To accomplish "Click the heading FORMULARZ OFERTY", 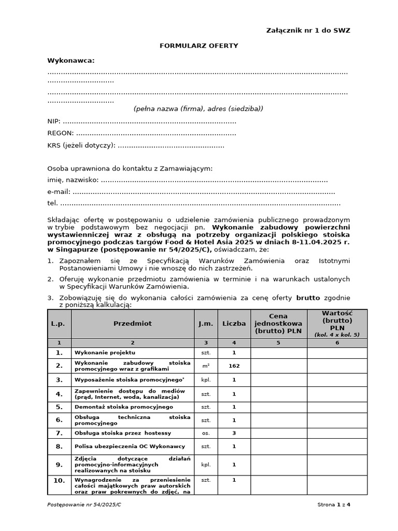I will pos(199,46).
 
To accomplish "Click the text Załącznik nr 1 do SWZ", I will pos(308,31).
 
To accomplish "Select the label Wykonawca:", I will pos(71,61).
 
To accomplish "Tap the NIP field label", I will pos(54,121).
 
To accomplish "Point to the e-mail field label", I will pos(59,192).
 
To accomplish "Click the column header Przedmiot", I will pos(133,324).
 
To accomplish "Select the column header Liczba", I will pos(234,324).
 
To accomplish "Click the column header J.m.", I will pos(206,324).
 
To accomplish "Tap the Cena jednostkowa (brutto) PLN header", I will pos(279,324).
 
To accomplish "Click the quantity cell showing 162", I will pos(234,366).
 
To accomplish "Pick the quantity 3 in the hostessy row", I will pos(234,433).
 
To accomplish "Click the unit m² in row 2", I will pos(206,366).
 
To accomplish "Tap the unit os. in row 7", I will pos(206,433).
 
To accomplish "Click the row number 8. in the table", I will pos(59,446).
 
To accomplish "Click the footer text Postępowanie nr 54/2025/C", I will pos(84,505).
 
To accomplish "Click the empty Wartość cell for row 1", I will pos(337,353).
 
